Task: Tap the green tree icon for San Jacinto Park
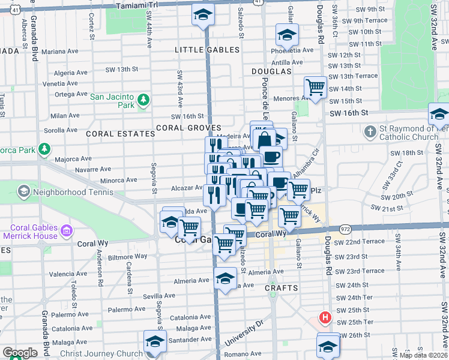tap(143, 100)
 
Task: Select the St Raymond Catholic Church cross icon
tap(370, 131)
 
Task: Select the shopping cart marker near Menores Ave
tap(315, 88)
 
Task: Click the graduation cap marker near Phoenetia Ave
tap(287, 34)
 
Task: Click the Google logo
tap(19, 353)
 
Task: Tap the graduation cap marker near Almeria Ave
tap(225, 278)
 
